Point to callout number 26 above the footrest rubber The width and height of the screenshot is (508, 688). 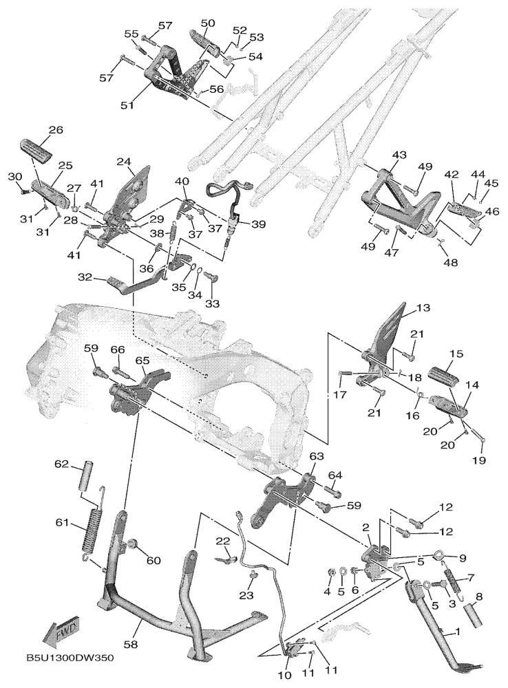click(x=55, y=130)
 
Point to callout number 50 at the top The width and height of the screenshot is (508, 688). click(x=207, y=23)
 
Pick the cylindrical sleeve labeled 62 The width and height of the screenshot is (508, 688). click(x=89, y=475)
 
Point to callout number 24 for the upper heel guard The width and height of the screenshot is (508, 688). click(x=124, y=162)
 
